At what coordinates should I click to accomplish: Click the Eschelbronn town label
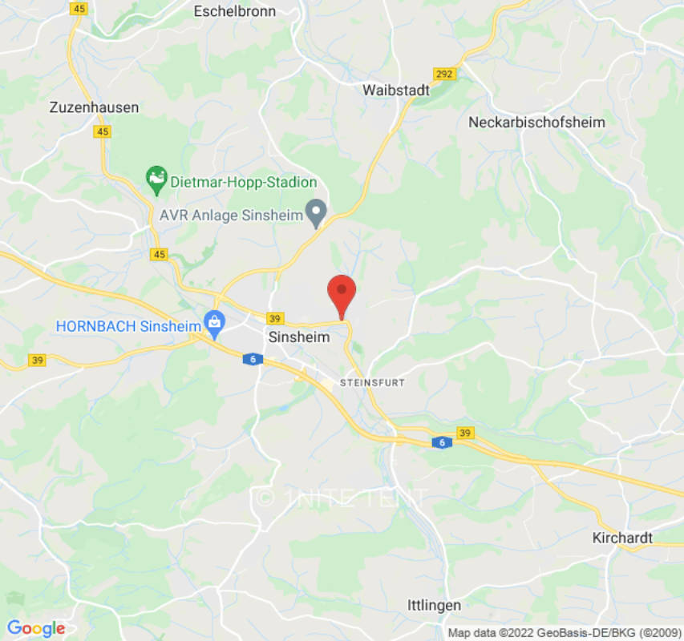(x=235, y=11)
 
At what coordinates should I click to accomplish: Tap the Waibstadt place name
(x=396, y=90)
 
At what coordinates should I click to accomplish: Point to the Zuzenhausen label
(x=94, y=107)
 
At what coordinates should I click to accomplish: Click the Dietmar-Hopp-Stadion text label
(x=244, y=183)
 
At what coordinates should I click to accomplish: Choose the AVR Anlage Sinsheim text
(x=231, y=215)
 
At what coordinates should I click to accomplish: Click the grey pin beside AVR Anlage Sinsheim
(x=318, y=212)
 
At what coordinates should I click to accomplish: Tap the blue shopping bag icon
(x=214, y=325)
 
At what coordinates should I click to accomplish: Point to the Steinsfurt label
(x=372, y=383)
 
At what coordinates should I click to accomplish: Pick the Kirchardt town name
(x=622, y=538)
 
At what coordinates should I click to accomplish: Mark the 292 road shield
(x=444, y=75)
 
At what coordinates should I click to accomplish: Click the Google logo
(x=35, y=628)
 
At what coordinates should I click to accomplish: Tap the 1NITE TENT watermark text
(x=342, y=498)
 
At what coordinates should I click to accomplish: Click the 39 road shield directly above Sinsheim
(x=275, y=318)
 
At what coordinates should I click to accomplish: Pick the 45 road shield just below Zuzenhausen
(x=102, y=132)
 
